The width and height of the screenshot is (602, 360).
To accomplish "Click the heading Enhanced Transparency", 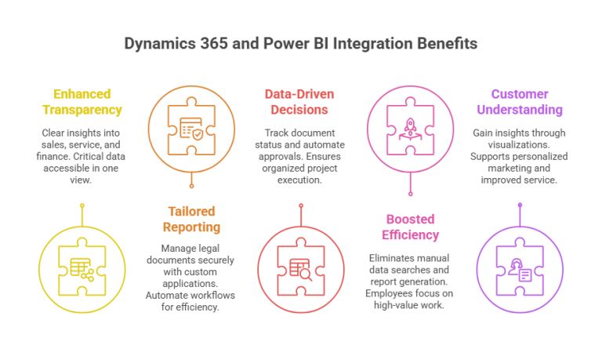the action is click(x=82, y=102).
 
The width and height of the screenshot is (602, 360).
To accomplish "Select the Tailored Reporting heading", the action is click(x=191, y=219).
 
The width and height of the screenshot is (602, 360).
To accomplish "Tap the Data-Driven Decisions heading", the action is click(x=299, y=102).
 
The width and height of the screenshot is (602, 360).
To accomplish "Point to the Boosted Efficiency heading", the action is click(x=410, y=227).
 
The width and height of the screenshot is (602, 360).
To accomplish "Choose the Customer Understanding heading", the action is click(x=520, y=102).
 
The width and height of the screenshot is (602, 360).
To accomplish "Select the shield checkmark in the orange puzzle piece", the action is click(x=198, y=134).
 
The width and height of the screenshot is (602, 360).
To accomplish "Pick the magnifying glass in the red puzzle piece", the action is click(x=306, y=275).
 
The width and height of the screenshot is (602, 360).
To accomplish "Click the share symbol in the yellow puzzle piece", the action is click(x=88, y=275).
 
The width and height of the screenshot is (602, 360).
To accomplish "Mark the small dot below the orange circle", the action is click(x=191, y=187).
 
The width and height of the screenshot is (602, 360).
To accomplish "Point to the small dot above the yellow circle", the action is click(x=82, y=205).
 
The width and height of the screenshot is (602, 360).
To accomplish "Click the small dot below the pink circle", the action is click(x=411, y=194).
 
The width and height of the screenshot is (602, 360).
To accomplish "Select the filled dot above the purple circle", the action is click(x=520, y=205).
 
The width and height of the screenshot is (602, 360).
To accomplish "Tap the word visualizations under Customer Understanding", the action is click(x=519, y=145).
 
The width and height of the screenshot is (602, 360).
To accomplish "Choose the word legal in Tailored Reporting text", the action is click(x=209, y=249).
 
